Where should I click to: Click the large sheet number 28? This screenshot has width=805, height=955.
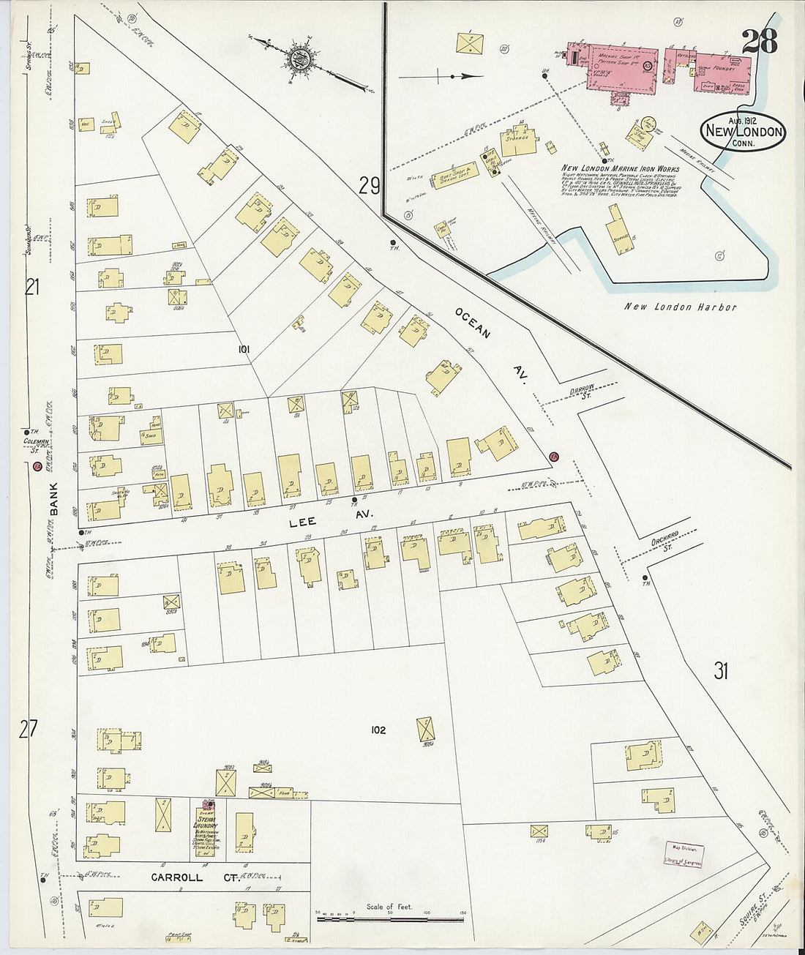pos(760,41)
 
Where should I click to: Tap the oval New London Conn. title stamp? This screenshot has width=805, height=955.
pos(743,132)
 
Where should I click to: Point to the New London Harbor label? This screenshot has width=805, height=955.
pos(680,307)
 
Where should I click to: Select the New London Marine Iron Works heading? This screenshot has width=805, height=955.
pos(620,168)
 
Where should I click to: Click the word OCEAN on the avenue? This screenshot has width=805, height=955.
pos(472,323)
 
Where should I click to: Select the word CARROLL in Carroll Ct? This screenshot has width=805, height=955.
pos(176,877)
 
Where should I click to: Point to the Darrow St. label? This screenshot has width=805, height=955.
pos(580,393)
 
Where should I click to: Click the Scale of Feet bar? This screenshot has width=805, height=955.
pos(391,914)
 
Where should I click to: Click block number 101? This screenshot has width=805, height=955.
pos(244,350)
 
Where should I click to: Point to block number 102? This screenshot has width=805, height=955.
pos(378,730)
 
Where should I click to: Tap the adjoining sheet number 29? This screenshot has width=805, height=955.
pos(370,187)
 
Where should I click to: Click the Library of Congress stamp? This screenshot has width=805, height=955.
pos(684,855)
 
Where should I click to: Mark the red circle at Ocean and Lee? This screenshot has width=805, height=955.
pos(554,457)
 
